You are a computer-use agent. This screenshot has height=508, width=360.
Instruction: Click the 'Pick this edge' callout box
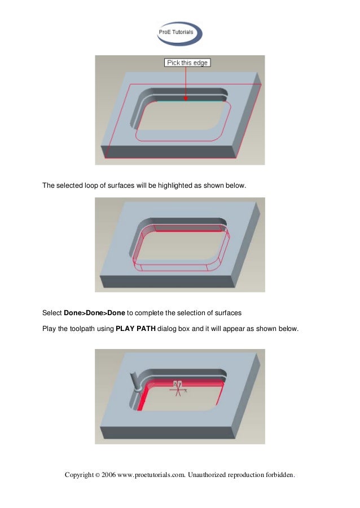point(187,63)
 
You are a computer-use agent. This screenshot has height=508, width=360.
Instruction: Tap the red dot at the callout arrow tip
point(186,99)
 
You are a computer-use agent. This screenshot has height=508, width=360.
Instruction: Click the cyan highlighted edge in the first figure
point(169,101)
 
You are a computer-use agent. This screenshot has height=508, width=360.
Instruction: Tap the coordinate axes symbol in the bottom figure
point(178,387)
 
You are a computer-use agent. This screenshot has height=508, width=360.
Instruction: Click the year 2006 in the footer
point(108,475)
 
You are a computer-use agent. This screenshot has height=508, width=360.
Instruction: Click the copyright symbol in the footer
point(96,475)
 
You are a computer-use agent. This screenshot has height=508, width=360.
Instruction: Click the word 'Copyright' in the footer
point(79,475)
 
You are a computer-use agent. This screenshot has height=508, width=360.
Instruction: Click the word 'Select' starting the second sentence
point(52,312)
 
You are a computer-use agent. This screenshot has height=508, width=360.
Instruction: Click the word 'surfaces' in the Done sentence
point(228,312)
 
